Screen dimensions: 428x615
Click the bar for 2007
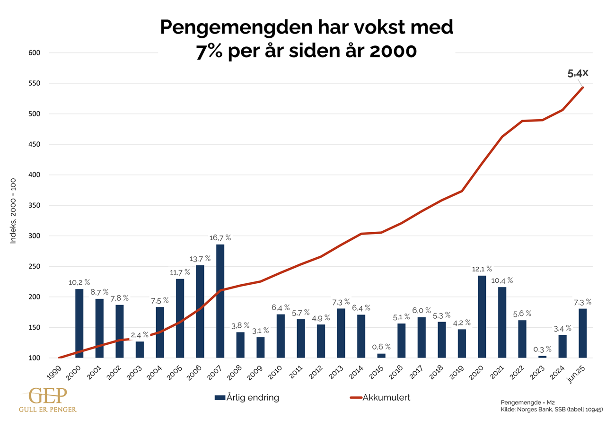tap(220, 301)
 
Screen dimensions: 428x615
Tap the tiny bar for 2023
tap(542, 357)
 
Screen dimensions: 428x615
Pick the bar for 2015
tap(381, 356)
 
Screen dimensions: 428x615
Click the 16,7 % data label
tap(220, 237)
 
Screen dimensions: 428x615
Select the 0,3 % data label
tap(543, 349)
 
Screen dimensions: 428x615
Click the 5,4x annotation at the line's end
tap(578, 73)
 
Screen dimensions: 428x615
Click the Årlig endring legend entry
tap(247, 398)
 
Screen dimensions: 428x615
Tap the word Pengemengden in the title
tap(234, 28)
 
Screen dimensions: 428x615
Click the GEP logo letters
tap(47, 396)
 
